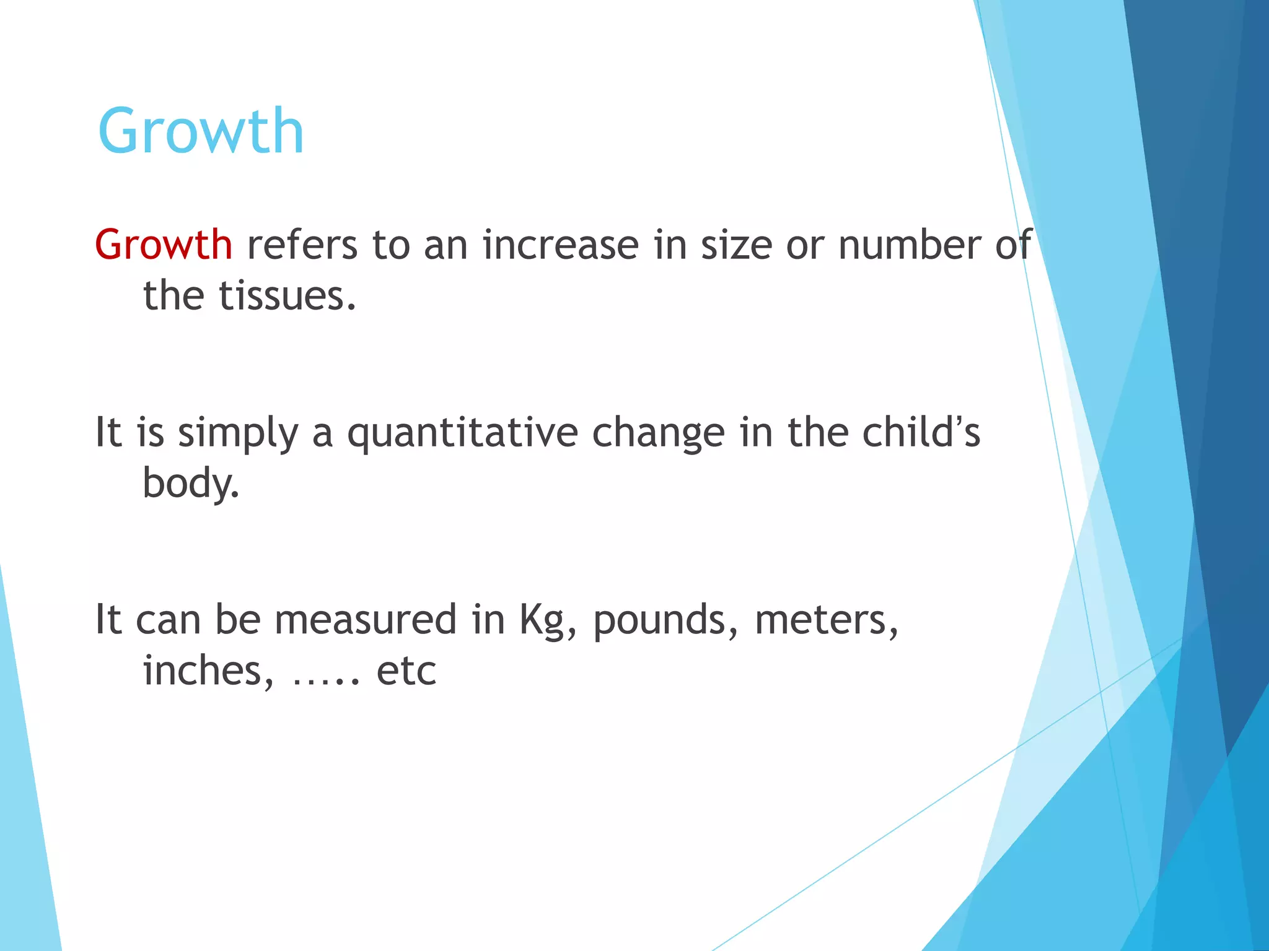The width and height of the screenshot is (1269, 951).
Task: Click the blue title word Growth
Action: (201, 131)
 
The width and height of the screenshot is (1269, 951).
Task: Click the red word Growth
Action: (164, 245)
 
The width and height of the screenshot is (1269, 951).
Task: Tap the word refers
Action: (302, 245)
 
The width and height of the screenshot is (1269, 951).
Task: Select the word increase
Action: (561, 245)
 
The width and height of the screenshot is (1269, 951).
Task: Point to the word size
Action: (736, 245)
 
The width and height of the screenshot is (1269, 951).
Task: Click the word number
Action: (910, 245)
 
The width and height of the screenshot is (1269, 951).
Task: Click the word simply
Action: (238, 433)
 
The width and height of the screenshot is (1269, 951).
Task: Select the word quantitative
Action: (462, 433)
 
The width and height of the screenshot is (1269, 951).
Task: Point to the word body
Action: (190, 484)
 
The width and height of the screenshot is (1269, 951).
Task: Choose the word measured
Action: (366, 619)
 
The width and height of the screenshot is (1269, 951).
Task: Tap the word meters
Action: (826, 620)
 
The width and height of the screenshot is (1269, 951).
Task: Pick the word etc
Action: (406, 672)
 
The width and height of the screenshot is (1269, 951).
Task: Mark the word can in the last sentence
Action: (167, 620)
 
